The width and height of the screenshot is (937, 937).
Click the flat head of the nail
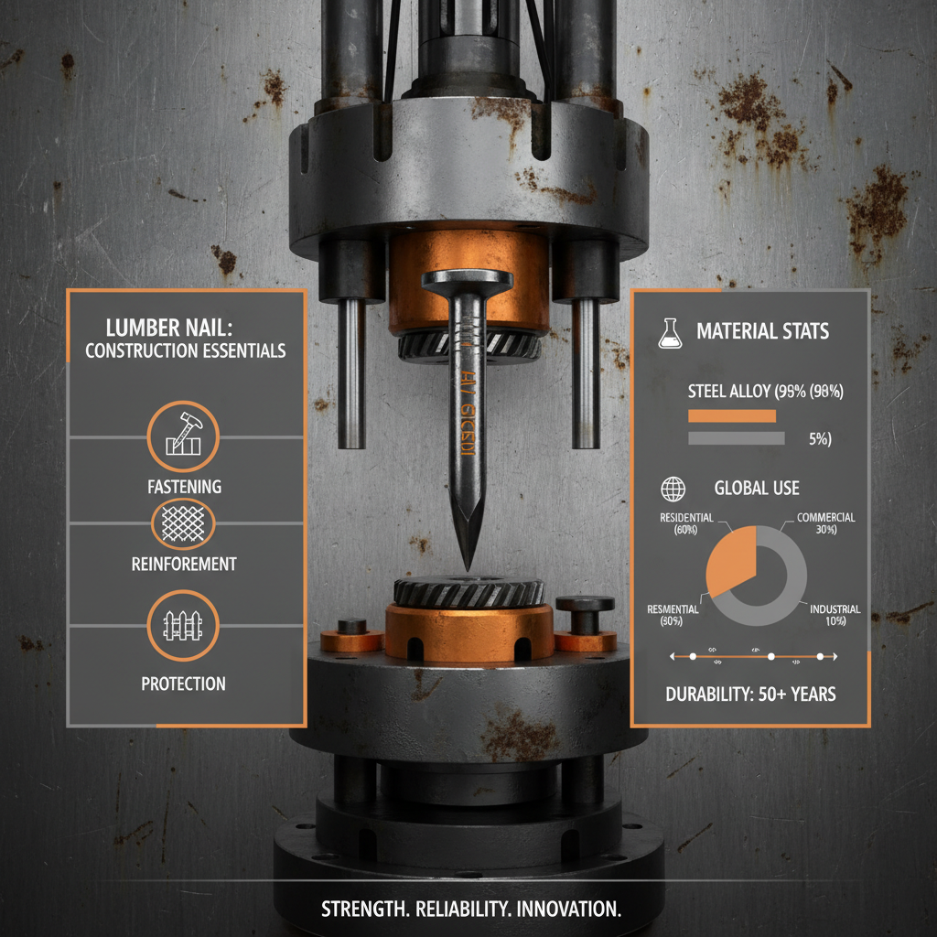[x=467, y=278]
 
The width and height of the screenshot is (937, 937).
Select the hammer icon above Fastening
[x=183, y=436]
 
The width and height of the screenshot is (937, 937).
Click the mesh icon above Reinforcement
[x=183, y=522]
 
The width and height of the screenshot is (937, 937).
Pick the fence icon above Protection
[x=183, y=625]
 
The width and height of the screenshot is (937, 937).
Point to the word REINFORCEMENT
[x=184, y=564]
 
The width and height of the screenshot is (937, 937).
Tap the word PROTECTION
[x=183, y=683]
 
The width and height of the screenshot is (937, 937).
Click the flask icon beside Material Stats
[x=671, y=334]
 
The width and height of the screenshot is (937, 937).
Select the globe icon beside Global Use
[x=673, y=489]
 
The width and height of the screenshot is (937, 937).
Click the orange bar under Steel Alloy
[x=731, y=415]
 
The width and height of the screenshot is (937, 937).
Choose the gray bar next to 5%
[x=736, y=438]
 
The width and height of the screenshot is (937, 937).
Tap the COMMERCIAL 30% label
[x=825, y=523]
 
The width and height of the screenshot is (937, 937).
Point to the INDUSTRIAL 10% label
[x=835, y=615]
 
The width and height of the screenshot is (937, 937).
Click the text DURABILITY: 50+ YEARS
[x=750, y=694]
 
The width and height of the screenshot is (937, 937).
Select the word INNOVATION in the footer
[x=564, y=910]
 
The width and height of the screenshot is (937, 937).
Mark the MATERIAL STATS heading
[x=763, y=331]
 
